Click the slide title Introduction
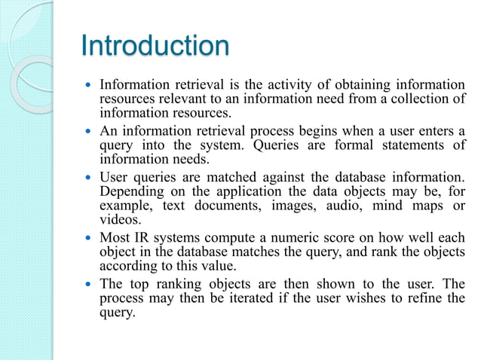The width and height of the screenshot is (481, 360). (155, 46)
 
